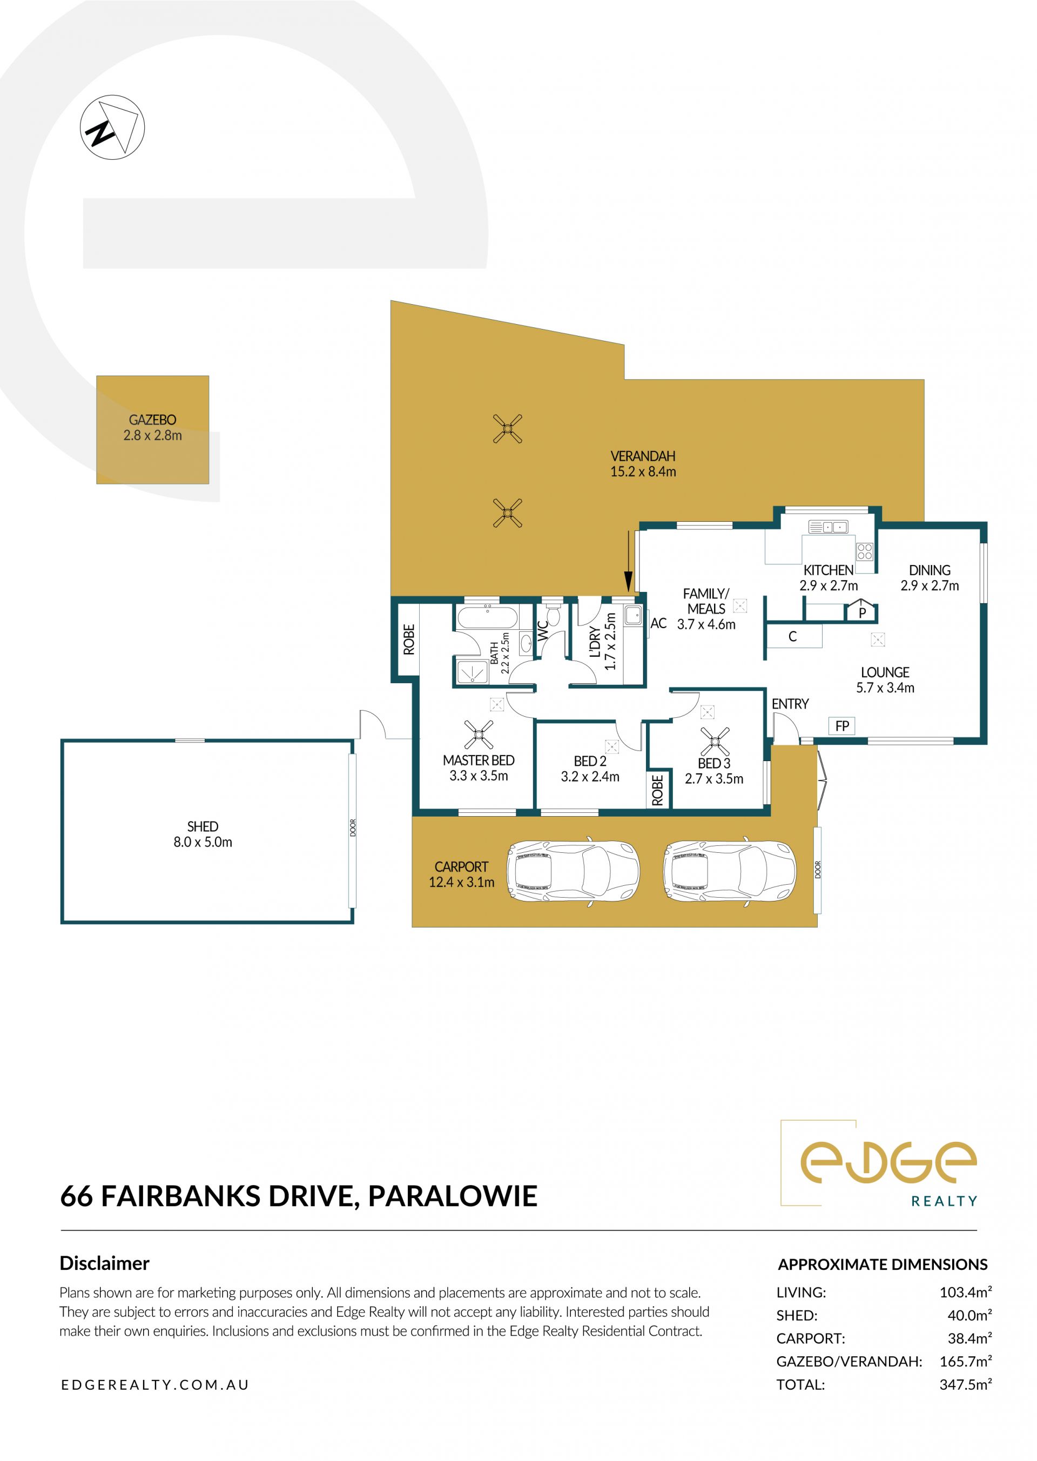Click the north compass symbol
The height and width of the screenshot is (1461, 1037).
click(112, 127)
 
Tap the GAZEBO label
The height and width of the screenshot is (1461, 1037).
click(153, 420)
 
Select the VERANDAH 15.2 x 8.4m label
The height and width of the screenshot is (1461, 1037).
click(643, 463)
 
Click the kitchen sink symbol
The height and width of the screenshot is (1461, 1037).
click(827, 527)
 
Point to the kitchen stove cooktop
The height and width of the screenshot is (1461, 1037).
click(865, 551)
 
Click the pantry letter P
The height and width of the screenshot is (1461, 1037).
click(862, 613)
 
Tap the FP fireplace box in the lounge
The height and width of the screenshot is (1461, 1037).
click(842, 726)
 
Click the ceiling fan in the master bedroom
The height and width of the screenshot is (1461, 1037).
click(479, 735)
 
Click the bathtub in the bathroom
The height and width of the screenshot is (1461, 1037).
click(487, 617)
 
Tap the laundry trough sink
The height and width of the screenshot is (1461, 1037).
click(633, 616)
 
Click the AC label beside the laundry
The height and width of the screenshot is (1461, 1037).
click(658, 624)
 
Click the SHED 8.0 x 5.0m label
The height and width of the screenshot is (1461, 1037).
click(203, 834)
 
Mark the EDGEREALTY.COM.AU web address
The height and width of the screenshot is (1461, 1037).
click(155, 1385)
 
